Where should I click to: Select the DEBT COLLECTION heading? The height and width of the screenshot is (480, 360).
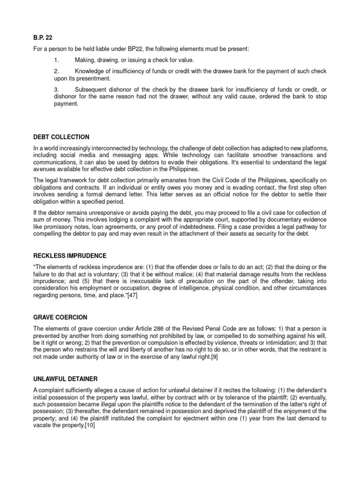click(x=61, y=137)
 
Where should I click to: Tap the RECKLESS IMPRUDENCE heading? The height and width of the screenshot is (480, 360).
click(x=70, y=255)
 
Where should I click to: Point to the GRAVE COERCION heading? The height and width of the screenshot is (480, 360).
click(x=60, y=317)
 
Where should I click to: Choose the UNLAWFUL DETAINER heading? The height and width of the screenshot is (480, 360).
click(x=66, y=378)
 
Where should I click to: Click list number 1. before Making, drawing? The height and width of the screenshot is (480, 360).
click(x=57, y=60)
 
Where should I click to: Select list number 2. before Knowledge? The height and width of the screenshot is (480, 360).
click(x=57, y=71)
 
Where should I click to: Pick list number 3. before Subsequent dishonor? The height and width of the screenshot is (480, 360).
click(x=57, y=89)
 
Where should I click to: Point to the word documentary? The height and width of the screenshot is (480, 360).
click(x=277, y=219)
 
